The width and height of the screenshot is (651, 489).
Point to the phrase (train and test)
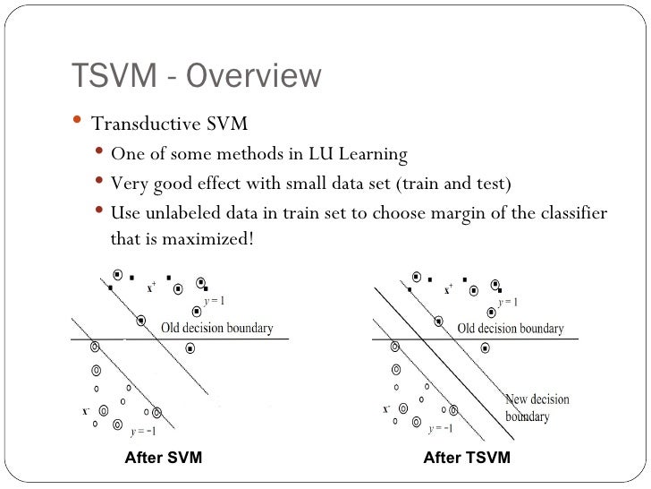(453, 184)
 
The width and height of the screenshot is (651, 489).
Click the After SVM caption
(163, 458)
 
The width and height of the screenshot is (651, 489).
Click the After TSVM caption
(466, 458)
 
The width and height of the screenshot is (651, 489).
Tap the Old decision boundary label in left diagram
(216, 328)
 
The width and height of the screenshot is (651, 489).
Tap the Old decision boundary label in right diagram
(510, 329)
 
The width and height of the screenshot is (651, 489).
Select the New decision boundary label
(537, 407)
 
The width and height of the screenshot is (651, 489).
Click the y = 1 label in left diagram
(213, 301)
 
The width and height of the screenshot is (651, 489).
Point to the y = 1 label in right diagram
(508, 302)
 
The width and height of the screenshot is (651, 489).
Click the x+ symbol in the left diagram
(151, 288)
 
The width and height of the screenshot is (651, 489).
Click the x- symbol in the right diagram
(386, 410)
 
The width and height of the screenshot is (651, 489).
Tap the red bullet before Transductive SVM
(76, 121)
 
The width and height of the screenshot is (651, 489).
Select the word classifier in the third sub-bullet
(571, 214)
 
